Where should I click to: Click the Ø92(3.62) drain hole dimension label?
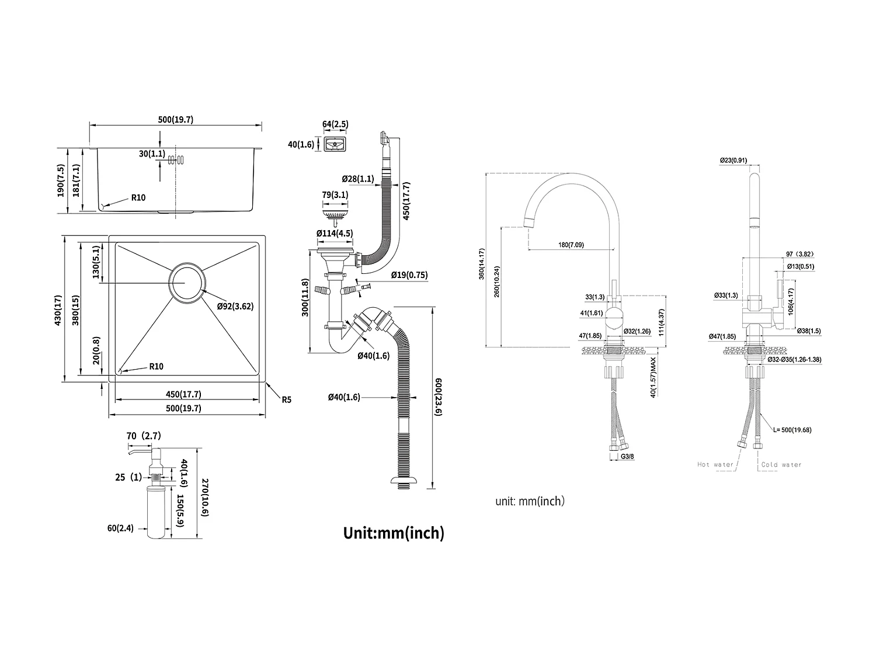[x=235, y=306]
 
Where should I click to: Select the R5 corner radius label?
[x=286, y=400]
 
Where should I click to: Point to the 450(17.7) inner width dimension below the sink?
[x=183, y=394]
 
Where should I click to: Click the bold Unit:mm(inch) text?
[x=394, y=533]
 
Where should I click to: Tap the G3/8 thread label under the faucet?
[x=627, y=456]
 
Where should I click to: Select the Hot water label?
[x=715, y=465]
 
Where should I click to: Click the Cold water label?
[x=781, y=465]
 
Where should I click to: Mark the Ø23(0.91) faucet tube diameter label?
[x=734, y=160]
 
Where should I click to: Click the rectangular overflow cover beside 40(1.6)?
[x=336, y=144]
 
